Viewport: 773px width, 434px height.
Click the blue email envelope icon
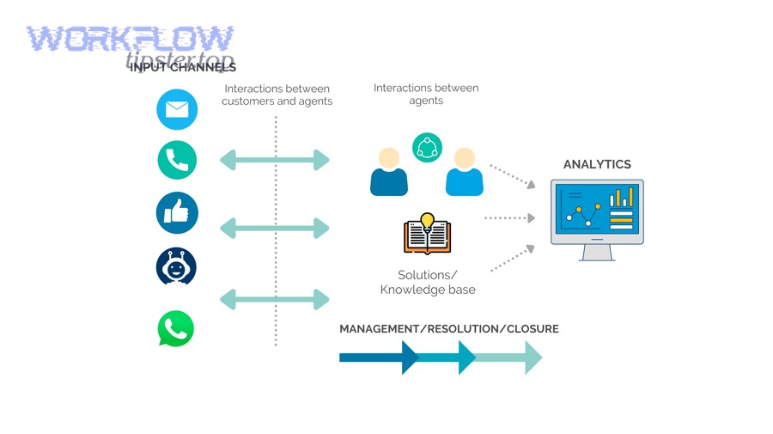point(177,109)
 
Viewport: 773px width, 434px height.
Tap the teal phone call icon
point(177,160)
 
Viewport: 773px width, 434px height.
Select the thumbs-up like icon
point(177,212)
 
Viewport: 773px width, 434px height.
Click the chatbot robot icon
point(176,267)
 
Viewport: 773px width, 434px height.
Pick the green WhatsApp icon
point(176,328)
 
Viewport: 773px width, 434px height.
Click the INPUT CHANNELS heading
point(183,67)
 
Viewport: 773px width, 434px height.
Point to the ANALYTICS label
point(597,164)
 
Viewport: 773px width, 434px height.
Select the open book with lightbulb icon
point(427,234)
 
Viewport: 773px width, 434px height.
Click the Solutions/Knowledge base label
point(427,282)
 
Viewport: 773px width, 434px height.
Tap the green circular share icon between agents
point(427,148)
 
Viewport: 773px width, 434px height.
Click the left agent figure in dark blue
point(389,172)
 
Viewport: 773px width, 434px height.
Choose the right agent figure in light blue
point(464,172)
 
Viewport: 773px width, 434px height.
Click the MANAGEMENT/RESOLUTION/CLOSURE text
point(448,329)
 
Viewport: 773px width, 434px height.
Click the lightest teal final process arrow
point(511,358)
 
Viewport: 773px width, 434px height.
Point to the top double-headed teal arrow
point(275,159)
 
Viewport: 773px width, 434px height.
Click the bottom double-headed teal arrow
point(275,299)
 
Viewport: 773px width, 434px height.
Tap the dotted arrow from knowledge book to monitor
point(509,218)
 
